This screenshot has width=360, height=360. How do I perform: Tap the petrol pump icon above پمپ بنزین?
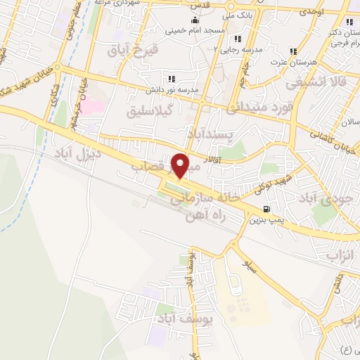pyautogui.click(x=265, y=209)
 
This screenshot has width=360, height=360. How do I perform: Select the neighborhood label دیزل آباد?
pyautogui.click(x=77, y=152)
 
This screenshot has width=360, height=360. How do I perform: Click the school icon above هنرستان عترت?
pyautogui.click(x=293, y=51)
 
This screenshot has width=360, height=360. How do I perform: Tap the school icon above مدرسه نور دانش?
pyautogui.click(x=171, y=78)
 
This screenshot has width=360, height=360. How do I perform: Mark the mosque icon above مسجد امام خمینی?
pyautogui.click(x=194, y=20)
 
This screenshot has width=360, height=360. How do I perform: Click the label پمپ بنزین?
pyautogui.click(x=266, y=220)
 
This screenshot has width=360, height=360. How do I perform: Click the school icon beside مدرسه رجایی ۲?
pyautogui.click(x=238, y=39)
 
